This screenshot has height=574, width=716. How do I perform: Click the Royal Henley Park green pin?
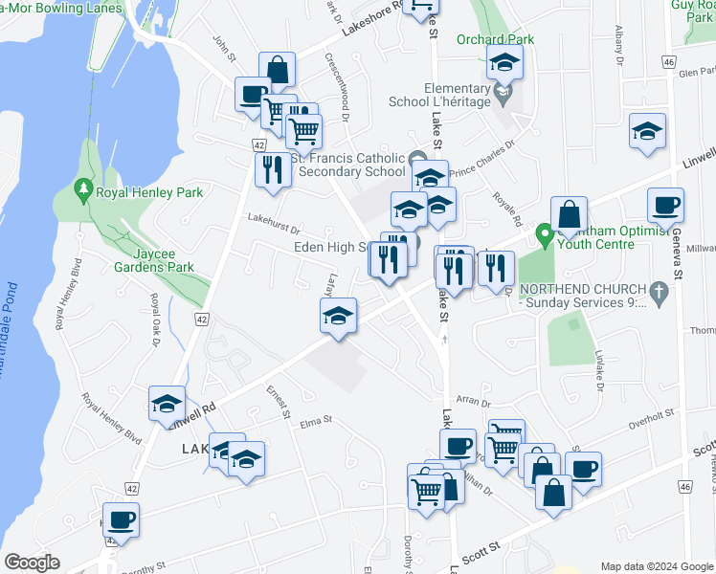82,190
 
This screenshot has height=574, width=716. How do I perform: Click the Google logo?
32,563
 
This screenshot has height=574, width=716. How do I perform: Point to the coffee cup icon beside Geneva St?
665,205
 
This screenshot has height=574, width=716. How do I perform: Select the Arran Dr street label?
472,404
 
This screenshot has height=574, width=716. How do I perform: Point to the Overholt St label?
652,414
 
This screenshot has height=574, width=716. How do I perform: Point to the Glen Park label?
695,73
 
